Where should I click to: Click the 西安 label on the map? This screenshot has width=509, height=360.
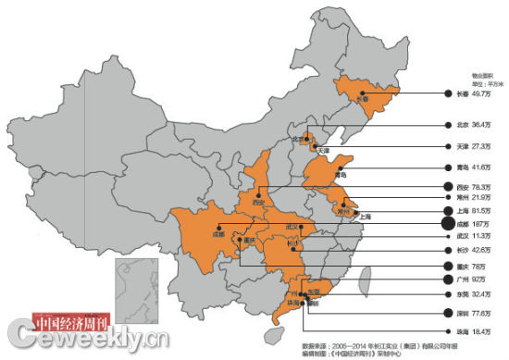pyautogui.click(x=259, y=201)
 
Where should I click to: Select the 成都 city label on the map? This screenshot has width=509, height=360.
pyautogui.click(x=218, y=235)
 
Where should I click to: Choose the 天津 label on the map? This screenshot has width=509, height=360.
pyautogui.click(x=323, y=149)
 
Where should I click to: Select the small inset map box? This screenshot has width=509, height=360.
pyautogui.click(x=133, y=287)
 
